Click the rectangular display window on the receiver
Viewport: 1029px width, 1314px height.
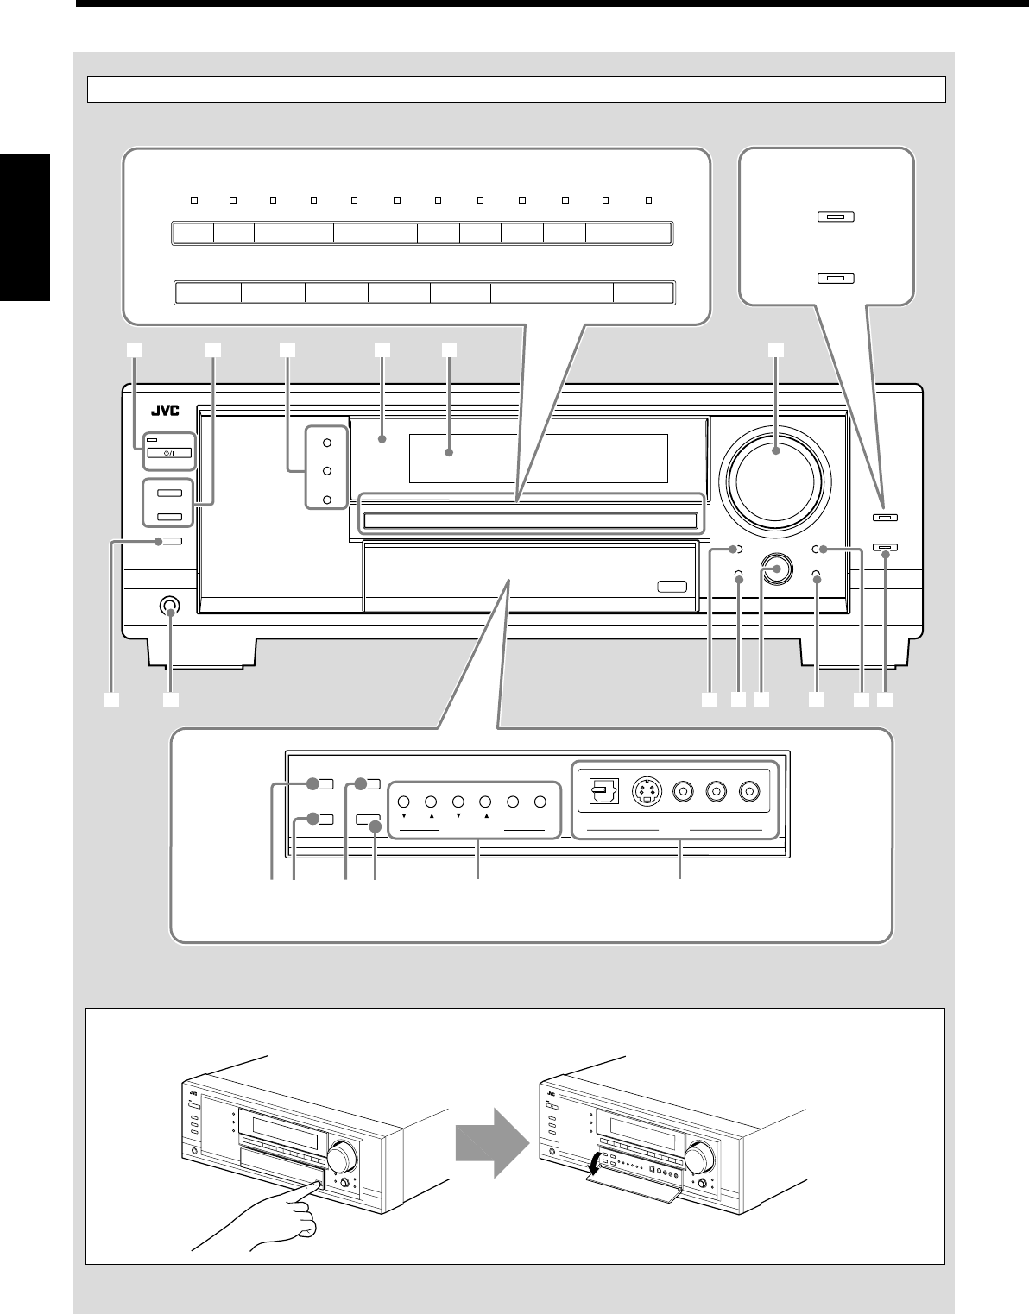tap(538, 457)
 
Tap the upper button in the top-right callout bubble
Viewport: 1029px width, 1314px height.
tap(834, 217)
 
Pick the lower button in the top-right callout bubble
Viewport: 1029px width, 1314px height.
tap(834, 278)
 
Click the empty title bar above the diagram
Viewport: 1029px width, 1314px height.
tap(517, 89)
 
